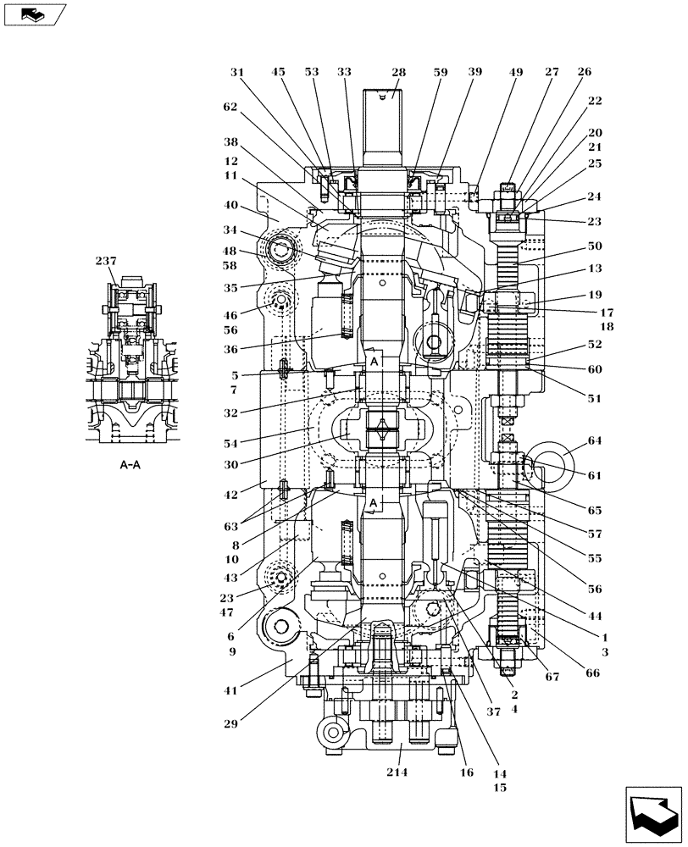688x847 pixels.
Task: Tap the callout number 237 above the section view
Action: (106, 262)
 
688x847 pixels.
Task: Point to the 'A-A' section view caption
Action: (130, 465)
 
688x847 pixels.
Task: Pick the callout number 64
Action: (594, 440)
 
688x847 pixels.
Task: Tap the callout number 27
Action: (552, 73)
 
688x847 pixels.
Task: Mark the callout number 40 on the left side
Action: (231, 204)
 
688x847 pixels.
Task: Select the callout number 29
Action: (231, 724)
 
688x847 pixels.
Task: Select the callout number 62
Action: (231, 108)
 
